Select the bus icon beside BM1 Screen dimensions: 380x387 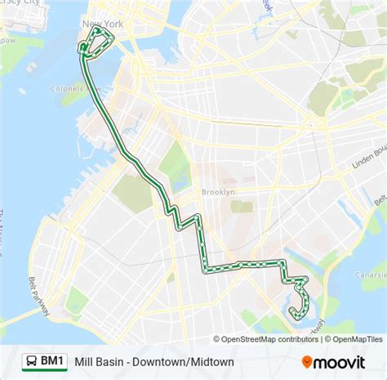[x=30, y=360]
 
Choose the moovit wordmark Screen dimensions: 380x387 [x=347, y=360]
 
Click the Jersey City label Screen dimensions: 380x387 [x=20, y=3]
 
